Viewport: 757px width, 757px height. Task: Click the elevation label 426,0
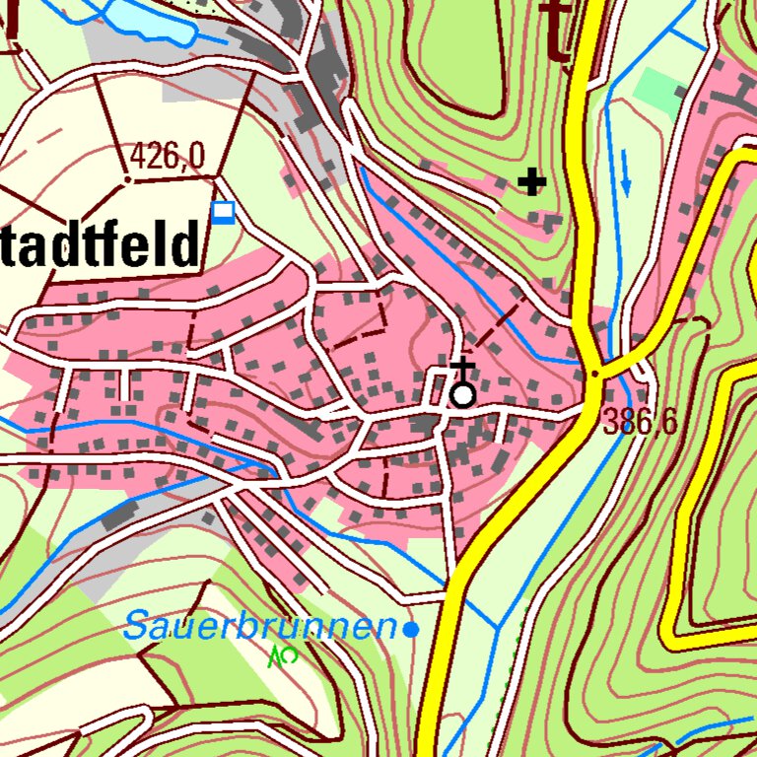tap(167, 155)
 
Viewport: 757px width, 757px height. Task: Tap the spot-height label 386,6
tap(641, 422)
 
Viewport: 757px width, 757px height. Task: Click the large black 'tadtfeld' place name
tap(99, 245)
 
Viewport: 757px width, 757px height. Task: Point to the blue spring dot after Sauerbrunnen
tap(412, 628)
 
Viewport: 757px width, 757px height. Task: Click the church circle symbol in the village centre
tap(461, 396)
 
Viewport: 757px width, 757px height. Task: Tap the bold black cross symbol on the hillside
tap(532, 182)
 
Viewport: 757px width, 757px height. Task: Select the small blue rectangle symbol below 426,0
tap(225, 213)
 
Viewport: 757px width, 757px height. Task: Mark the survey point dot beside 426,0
tap(127, 180)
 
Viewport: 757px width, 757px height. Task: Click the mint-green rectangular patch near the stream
tap(655, 91)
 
